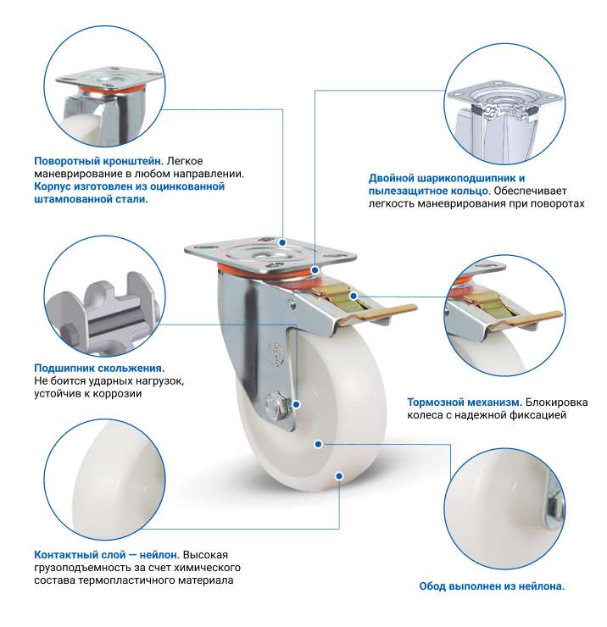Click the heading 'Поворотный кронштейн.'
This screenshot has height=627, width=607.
click(98, 161)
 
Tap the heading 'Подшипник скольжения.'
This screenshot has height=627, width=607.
click(99, 369)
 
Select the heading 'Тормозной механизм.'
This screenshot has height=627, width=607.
click(465, 402)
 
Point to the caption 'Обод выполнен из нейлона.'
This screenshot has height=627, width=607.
click(492, 586)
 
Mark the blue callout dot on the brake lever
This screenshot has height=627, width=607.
click(353, 296)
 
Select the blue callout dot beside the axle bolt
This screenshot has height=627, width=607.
click(297, 404)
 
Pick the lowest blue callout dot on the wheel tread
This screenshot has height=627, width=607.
click(339, 476)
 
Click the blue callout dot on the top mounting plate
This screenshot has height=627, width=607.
click(282, 242)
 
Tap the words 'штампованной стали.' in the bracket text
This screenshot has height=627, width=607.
click(91, 199)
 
